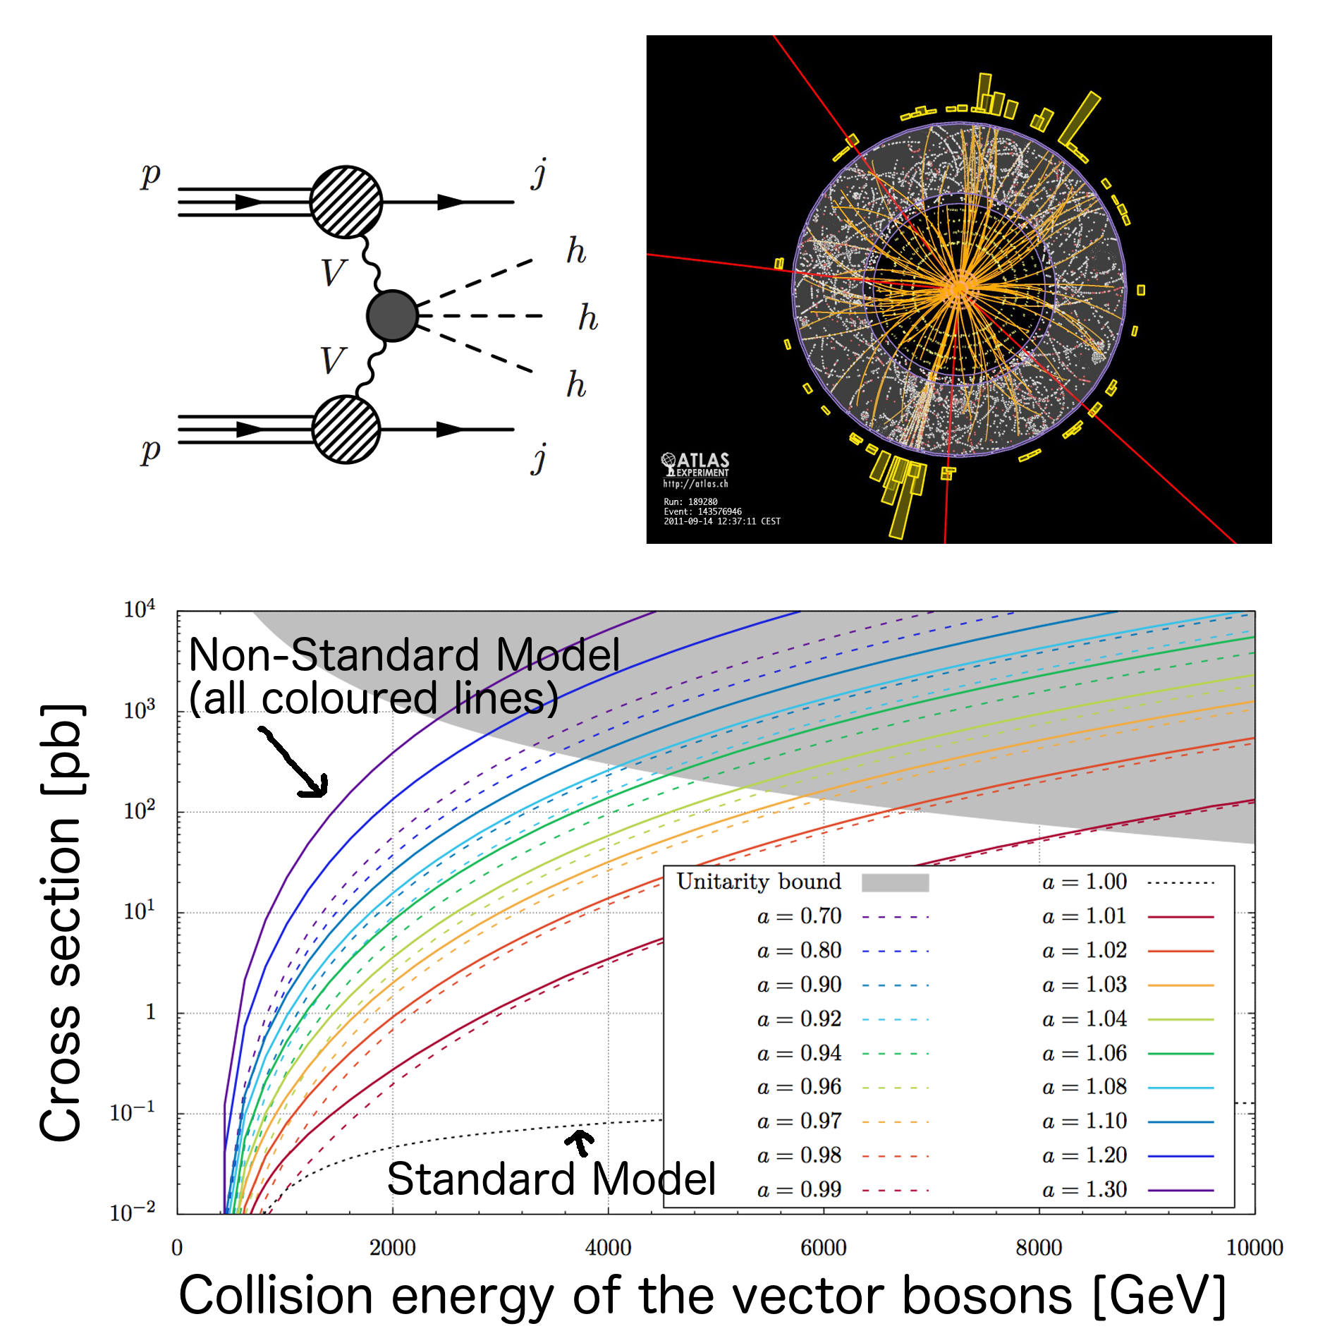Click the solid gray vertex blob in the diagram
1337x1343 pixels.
click(392, 316)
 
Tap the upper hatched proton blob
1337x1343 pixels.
click(346, 202)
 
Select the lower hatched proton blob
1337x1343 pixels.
click(346, 429)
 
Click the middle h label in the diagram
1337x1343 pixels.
click(587, 318)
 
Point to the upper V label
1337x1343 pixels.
click(333, 273)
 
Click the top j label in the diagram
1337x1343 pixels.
click(539, 174)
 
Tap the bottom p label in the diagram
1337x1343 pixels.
click(150, 451)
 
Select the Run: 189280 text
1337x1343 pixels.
click(690, 502)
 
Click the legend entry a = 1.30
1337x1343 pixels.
click(1085, 1190)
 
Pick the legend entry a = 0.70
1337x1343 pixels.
click(800, 916)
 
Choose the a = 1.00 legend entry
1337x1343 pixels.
click(1085, 882)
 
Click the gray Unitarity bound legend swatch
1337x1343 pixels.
click(895, 882)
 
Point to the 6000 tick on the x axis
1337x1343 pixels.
click(823, 1248)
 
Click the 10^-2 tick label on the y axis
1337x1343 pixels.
click(133, 1213)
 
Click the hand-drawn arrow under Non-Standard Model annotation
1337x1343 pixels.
click(295, 763)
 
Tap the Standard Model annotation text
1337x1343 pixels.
click(551, 1179)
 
